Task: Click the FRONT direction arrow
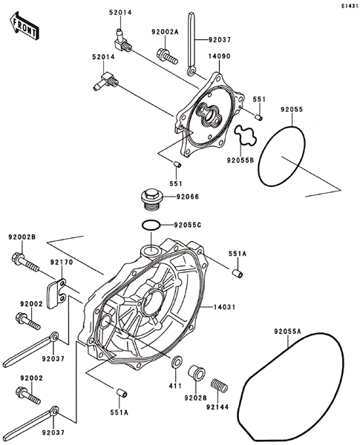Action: (23, 25)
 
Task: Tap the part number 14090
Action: (220, 56)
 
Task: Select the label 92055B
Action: (240, 160)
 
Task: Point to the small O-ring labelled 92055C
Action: (151, 225)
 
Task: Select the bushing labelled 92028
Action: (197, 373)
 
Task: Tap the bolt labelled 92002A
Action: (167, 56)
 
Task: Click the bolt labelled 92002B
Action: (25, 263)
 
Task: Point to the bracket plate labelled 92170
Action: (57, 293)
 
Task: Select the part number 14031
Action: (224, 307)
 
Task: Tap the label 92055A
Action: (287, 332)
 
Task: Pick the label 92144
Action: (217, 407)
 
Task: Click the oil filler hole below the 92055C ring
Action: (151, 251)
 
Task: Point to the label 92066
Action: (188, 197)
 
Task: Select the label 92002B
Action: (22, 237)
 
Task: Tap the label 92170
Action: (62, 263)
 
